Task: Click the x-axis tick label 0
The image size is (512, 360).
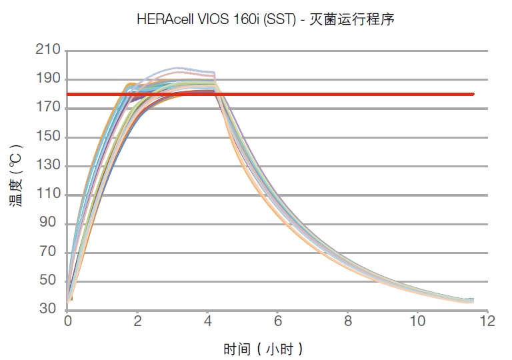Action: click(x=67, y=322)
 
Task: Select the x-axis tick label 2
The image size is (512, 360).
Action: click(x=137, y=322)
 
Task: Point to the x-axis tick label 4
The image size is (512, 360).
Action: click(x=207, y=322)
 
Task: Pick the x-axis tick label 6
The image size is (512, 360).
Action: click(x=277, y=322)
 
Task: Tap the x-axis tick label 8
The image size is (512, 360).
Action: click(x=347, y=322)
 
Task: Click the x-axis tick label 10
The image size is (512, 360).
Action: click(x=417, y=322)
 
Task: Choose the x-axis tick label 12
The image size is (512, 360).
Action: click(x=487, y=322)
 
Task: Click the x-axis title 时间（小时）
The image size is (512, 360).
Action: click(x=263, y=347)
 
